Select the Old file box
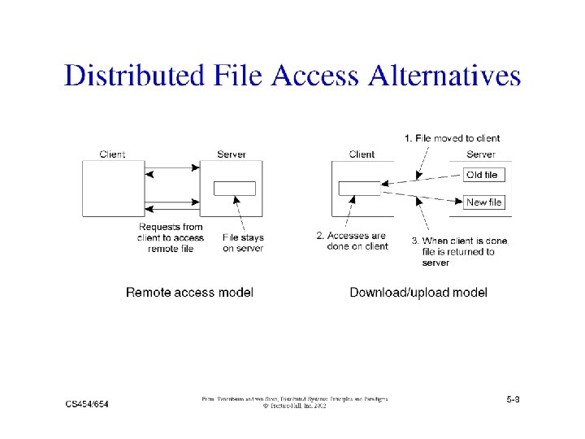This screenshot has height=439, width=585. click(x=483, y=175)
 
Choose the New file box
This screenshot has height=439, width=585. click(x=484, y=202)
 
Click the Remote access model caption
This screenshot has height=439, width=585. click(x=189, y=293)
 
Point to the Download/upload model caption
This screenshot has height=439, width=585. click(x=418, y=293)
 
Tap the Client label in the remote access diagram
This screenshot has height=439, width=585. click(x=112, y=154)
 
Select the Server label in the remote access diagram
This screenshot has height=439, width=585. click(x=231, y=154)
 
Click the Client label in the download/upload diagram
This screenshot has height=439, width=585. click(x=362, y=154)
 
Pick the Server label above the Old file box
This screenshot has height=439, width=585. click(x=480, y=154)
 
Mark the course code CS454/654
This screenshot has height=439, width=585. click(x=87, y=404)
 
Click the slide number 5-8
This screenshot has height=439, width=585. click(x=513, y=400)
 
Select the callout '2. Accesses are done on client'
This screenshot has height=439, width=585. click(x=352, y=241)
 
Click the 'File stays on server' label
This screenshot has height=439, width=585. click(x=243, y=243)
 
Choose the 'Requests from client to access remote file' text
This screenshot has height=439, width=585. click(x=171, y=237)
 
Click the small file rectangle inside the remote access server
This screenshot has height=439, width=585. click(x=234, y=189)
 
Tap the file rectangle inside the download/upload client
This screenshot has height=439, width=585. click(x=359, y=189)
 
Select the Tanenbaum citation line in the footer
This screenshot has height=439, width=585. click(x=294, y=399)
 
